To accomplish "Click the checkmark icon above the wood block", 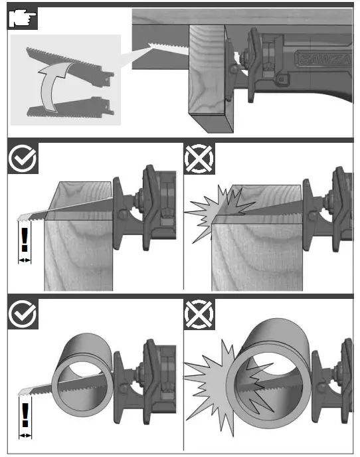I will (23, 159).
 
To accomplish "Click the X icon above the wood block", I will (199, 159).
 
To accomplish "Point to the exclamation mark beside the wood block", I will (25, 239).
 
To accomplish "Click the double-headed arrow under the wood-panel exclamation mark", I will (25, 260).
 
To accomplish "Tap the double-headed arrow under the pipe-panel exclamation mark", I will (25, 435).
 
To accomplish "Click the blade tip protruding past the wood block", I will (27, 217).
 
